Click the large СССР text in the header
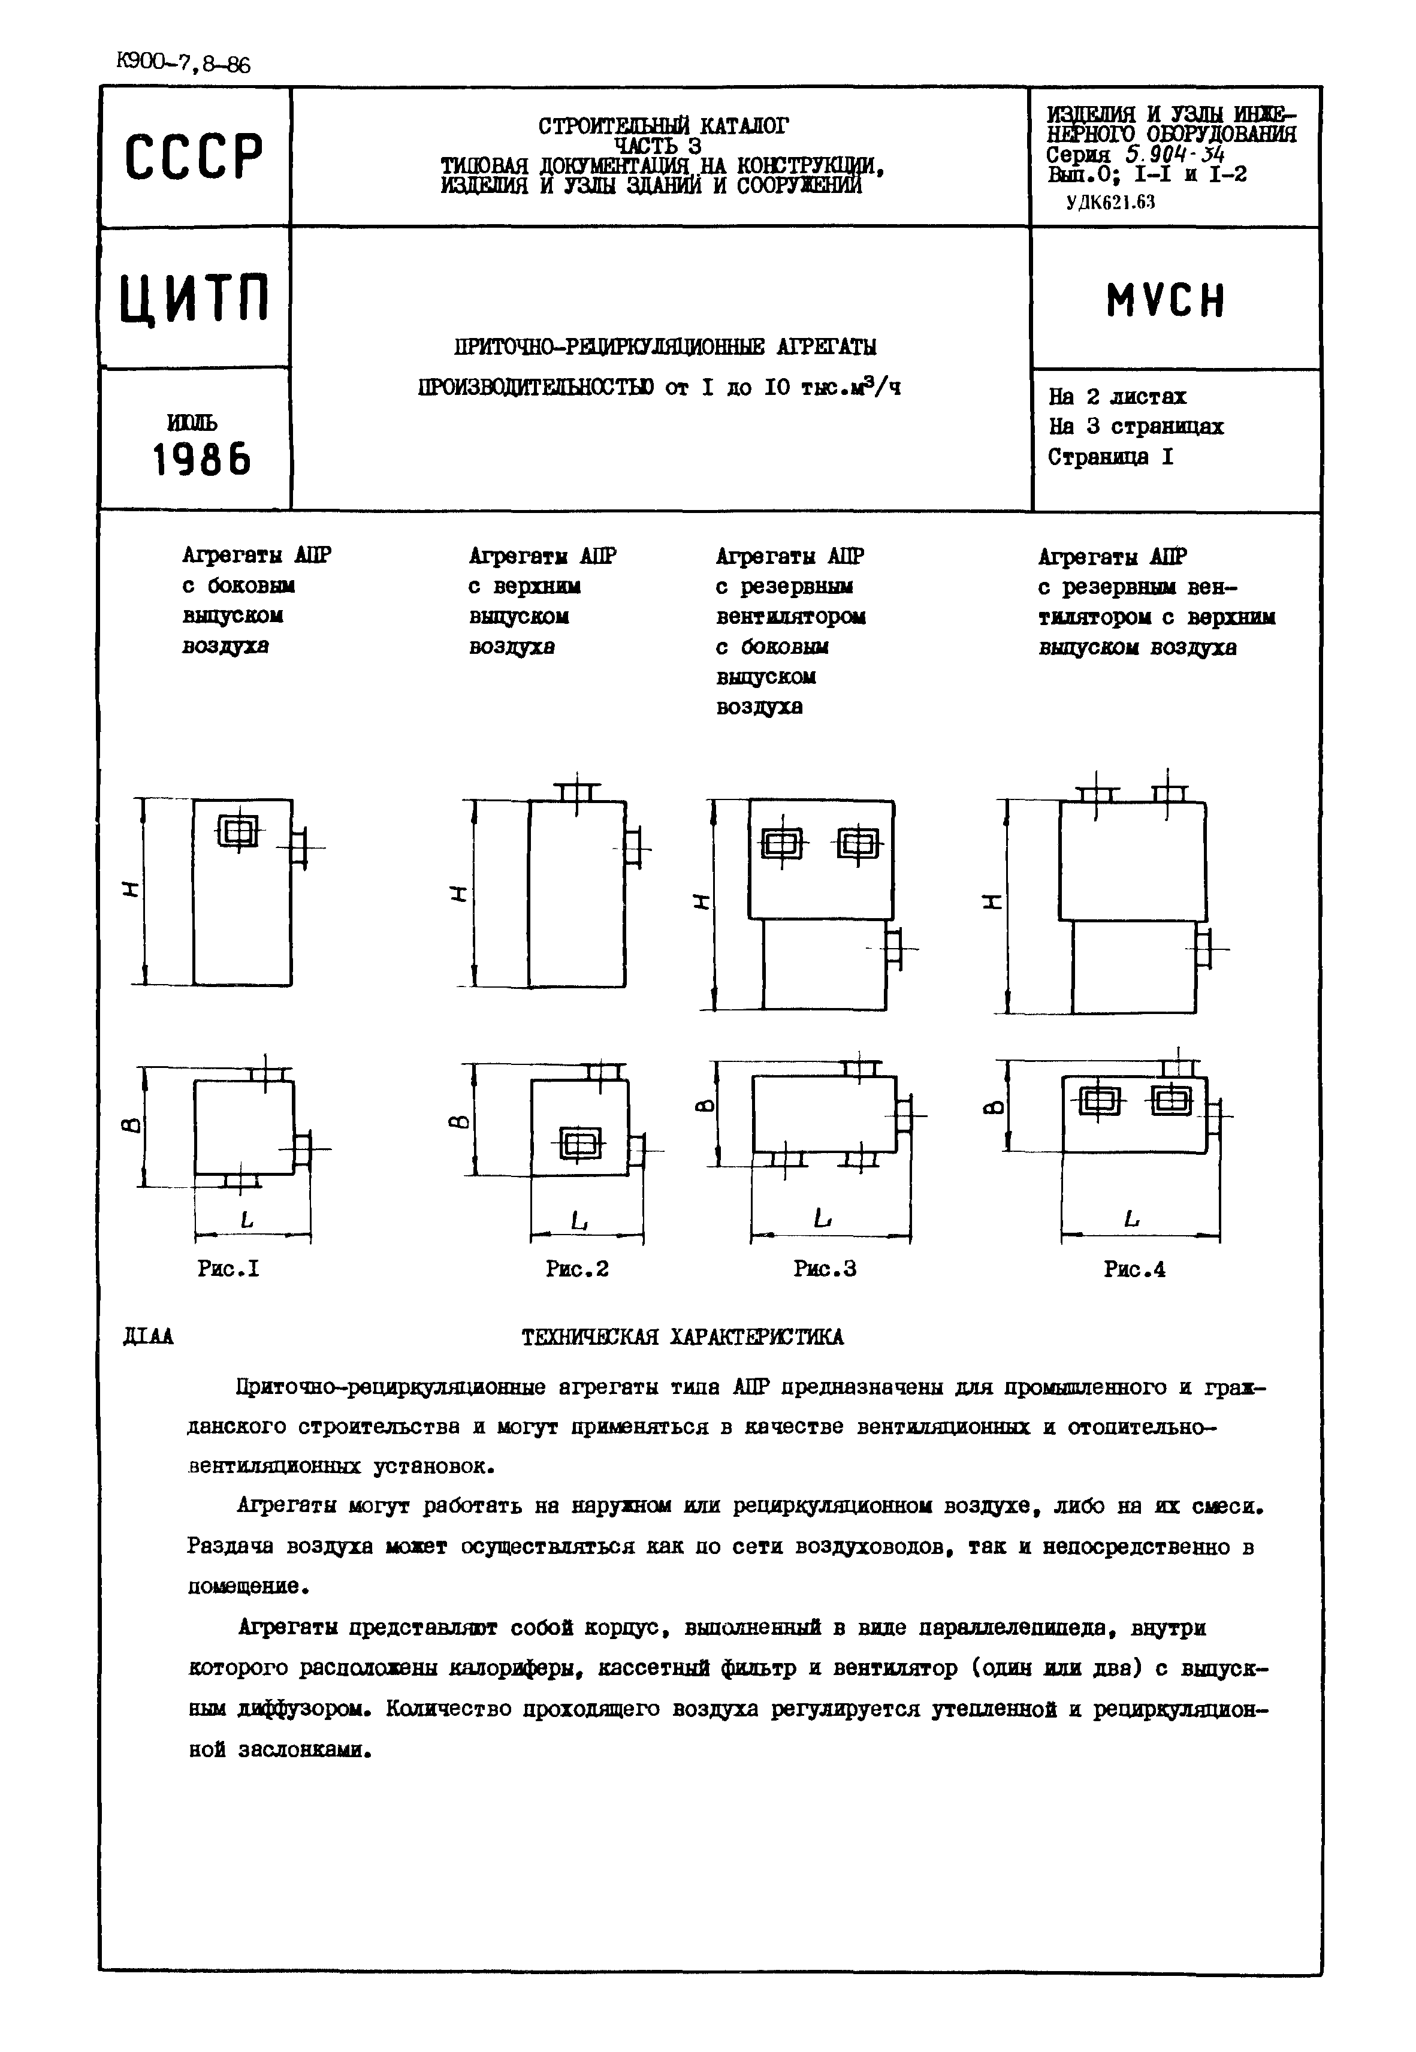194,157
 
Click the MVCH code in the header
1165,301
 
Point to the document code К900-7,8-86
183,64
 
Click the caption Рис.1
228,1269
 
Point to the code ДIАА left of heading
148,1336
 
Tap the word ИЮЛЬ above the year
192,423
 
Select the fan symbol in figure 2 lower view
579,1143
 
